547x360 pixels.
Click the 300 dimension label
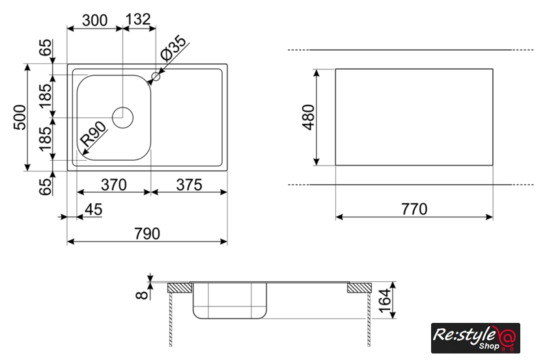click(95, 20)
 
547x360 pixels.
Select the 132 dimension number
click(138, 19)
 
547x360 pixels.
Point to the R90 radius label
click(93, 133)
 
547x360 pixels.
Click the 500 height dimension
click(20, 117)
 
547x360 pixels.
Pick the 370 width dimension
click(114, 184)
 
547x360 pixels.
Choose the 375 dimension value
click(189, 184)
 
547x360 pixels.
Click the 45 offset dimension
click(94, 210)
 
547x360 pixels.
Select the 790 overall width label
click(147, 233)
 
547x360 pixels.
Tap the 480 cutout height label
click(309, 117)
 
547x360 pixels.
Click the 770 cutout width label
click(414, 209)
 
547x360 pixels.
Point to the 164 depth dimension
click(384, 301)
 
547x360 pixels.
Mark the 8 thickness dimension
click(142, 295)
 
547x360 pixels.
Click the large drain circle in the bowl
click(123, 118)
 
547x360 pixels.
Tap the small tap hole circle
click(156, 76)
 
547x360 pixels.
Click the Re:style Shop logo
click(475, 338)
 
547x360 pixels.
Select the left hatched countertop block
click(180, 288)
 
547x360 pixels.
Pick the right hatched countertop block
click(359, 288)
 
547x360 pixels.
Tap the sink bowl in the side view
click(230, 300)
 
